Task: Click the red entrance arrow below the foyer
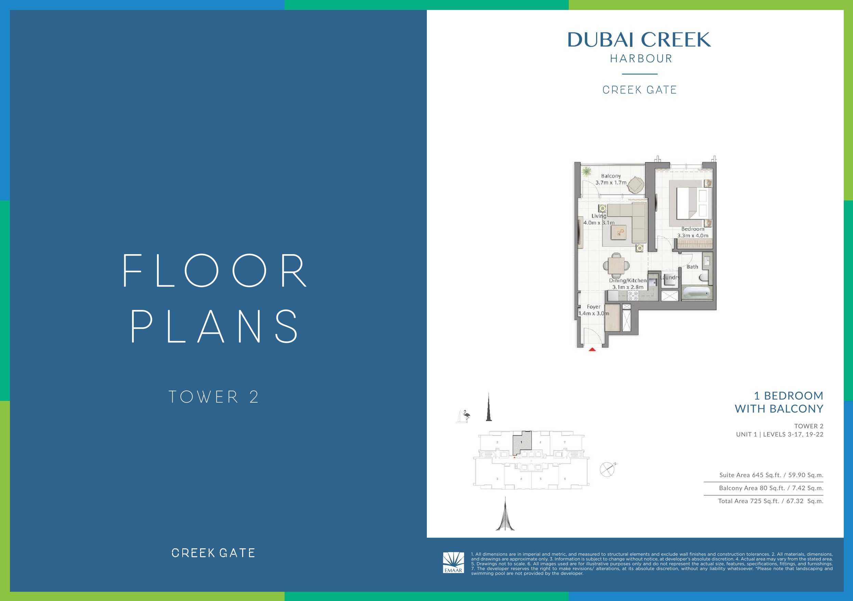coord(592,349)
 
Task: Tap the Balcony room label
coord(611,176)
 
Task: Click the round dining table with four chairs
coord(616,265)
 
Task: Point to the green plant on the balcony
coord(587,172)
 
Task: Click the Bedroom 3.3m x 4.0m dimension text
coord(693,235)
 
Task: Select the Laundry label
coord(670,277)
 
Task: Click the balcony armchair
coord(636,185)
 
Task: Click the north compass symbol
coord(607,470)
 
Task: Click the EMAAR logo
coord(453,562)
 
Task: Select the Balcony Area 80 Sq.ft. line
coord(771,488)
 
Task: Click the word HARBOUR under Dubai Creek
coord(641,59)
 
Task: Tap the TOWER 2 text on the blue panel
coord(214,397)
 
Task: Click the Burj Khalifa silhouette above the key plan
coord(489,407)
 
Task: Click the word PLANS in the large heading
coord(215,326)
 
